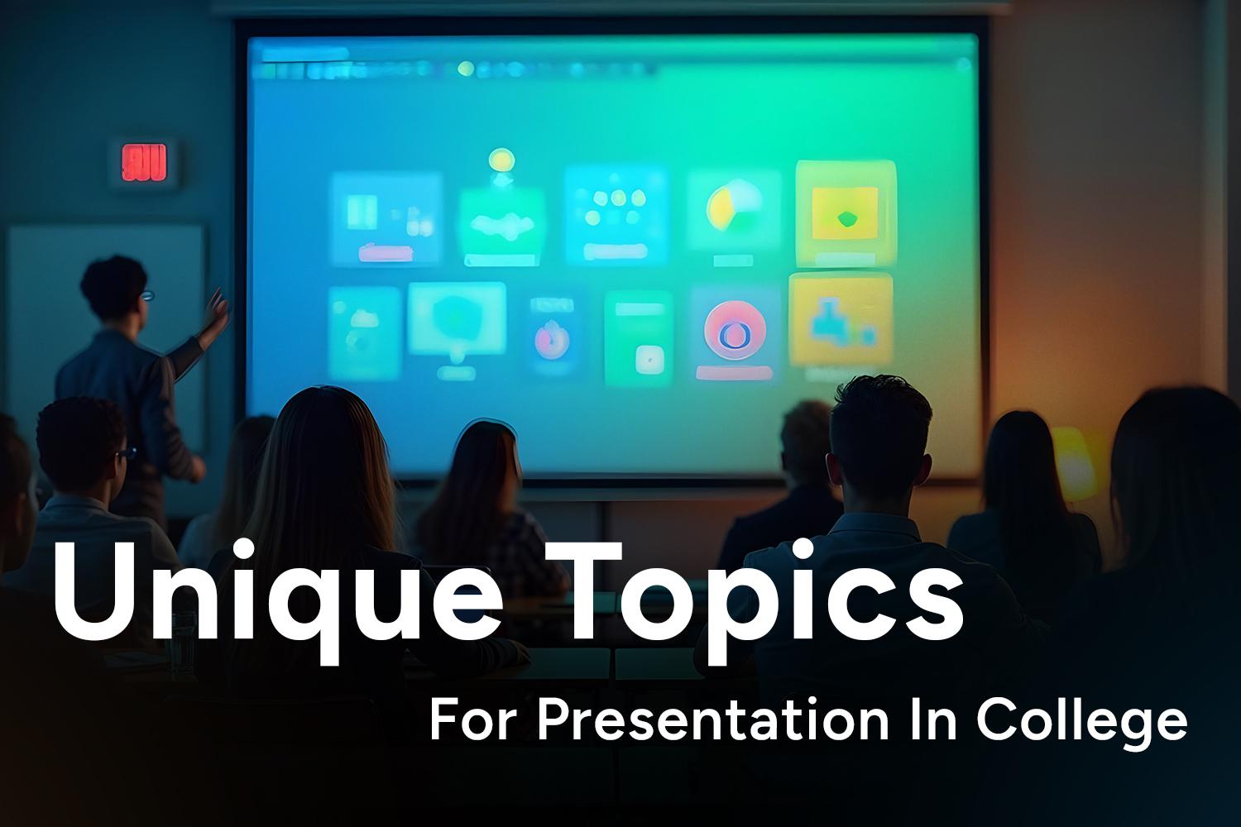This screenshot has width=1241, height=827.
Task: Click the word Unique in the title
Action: [277, 601]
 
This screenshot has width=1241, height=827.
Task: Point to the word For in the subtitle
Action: [472, 720]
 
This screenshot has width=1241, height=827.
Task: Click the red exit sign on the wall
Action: [144, 162]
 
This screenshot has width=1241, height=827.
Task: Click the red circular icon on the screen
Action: [735, 332]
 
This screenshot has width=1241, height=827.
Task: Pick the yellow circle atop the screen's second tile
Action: [501, 160]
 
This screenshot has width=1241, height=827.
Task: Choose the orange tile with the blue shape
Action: [841, 319]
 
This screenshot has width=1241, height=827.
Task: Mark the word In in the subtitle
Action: [934, 720]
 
